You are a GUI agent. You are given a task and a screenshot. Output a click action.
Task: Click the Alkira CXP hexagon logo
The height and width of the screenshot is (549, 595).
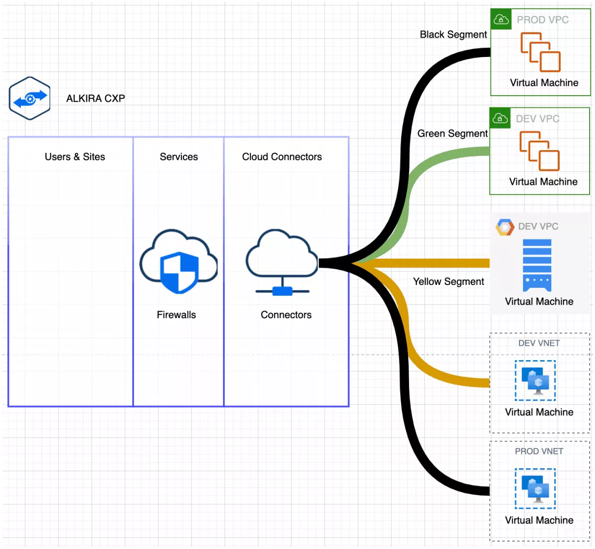click(30, 98)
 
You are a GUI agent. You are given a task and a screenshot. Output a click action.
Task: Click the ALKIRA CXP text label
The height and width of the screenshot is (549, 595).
click(96, 99)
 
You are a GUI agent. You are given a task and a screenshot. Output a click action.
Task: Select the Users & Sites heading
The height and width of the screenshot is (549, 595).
click(75, 157)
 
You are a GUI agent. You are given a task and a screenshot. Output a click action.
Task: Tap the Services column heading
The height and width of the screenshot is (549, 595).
click(178, 157)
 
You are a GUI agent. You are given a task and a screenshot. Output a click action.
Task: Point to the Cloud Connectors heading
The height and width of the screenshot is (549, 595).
click(282, 157)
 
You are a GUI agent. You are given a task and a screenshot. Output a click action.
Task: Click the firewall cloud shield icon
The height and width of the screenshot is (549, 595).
click(178, 262)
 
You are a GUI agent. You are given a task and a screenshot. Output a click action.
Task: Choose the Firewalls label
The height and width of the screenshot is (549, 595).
click(176, 315)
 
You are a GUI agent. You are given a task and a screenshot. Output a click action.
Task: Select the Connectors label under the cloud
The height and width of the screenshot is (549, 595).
click(286, 315)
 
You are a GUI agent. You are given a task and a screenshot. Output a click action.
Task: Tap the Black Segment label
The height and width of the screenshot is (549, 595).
click(453, 35)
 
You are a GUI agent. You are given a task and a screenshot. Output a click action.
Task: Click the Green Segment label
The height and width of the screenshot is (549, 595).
click(452, 134)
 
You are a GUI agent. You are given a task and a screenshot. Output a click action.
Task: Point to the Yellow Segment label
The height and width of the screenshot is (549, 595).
click(448, 282)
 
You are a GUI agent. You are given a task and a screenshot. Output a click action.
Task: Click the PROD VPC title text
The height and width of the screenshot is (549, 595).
click(542, 20)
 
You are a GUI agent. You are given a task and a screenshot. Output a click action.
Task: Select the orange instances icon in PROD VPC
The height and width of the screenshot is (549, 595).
click(540, 53)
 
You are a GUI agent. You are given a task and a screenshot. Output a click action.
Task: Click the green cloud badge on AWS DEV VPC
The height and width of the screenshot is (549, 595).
click(500, 118)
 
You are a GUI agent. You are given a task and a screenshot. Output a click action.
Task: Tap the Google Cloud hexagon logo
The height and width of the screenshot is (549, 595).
click(505, 227)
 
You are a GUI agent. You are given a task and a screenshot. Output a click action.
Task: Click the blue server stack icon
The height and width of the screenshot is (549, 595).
click(537, 265)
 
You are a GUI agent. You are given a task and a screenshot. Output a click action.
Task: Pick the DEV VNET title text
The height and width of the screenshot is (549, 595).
click(539, 343)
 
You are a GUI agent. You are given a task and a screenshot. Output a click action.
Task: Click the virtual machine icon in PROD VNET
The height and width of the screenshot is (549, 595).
click(535, 489)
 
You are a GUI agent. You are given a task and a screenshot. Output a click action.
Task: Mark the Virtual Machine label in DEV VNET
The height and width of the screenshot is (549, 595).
click(539, 412)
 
